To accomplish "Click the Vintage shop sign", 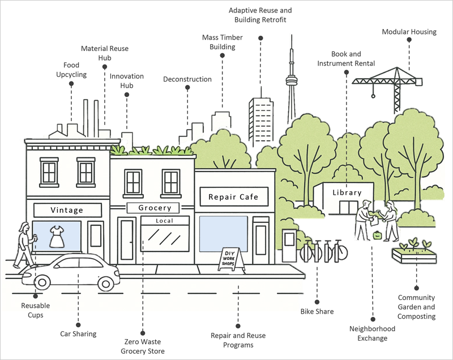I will (x=66, y=210).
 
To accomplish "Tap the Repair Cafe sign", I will (x=233, y=197).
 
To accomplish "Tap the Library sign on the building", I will (x=347, y=192).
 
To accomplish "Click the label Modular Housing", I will (x=409, y=32).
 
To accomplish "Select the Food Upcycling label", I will (x=71, y=70).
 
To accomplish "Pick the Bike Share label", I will (x=317, y=311).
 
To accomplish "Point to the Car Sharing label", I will (x=78, y=333).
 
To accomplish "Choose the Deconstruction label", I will (x=187, y=79).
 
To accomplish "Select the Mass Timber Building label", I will (x=223, y=42).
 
